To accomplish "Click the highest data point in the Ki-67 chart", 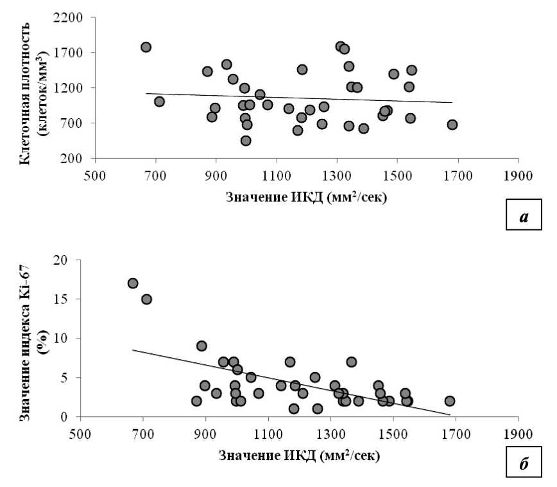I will pyautogui.click(x=133, y=283).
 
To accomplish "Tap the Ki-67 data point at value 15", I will pyautogui.click(x=146, y=299).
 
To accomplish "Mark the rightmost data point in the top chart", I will pyautogui.click(x=452, y=125).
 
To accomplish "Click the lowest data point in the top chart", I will pyautogui.click(x=246, y=141).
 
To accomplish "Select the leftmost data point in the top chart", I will pyautogui.click(x=146, y=47).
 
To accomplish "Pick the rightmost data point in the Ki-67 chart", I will pyautogui.click(x=450, y=401).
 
